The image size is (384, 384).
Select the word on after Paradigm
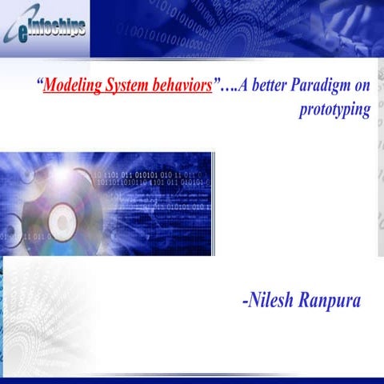coord(362,85)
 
